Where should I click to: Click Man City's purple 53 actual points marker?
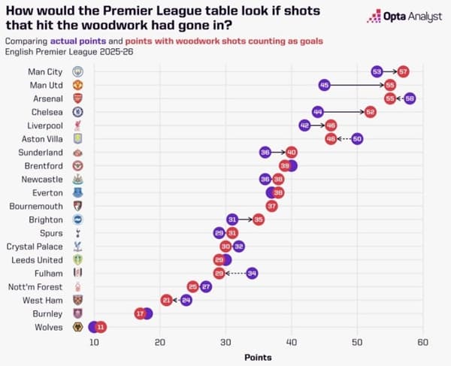(x=377, y=71)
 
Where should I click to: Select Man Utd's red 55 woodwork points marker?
(x=389, y=85)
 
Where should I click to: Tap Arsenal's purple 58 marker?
(x=410, y=98)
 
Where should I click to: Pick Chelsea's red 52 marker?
(x=370, y=112)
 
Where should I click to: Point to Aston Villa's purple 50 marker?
(x=357, y=139)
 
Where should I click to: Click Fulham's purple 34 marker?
(x=252, y=273)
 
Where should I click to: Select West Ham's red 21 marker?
(x=166, y=300)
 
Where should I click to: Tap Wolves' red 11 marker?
(x=101, y=327)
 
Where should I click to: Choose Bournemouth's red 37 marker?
(x=271, y=206)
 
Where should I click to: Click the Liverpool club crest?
(x=77, y=126)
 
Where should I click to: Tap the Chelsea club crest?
(x=77, y=112)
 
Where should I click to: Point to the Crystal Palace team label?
(x=35, y=246)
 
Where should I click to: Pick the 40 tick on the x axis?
(x=291, y=343)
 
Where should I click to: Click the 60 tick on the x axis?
(x=422, y=343)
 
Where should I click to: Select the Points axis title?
(x=258, y=357)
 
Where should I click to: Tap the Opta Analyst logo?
(x=404, y=17)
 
